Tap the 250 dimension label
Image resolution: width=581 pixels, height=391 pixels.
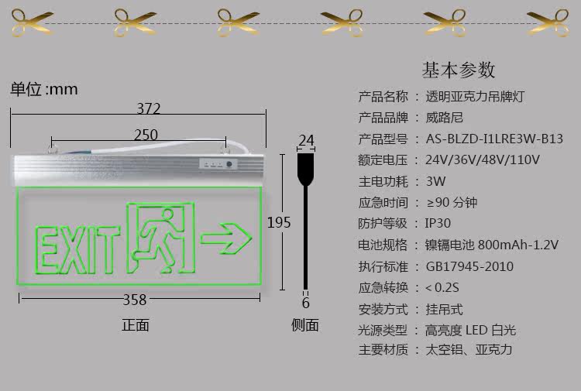pyautogui.click(x=146, y=135)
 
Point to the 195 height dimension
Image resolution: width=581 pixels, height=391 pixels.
pyautogui.click(x=279, y=222)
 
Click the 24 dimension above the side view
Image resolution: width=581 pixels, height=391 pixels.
pyautogui.click(x=306, y=140)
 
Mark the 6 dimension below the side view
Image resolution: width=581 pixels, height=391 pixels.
pyautogui.click(x=306, y=303)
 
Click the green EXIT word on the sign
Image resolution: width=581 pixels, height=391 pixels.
pyautogui.click(x=74, y=249)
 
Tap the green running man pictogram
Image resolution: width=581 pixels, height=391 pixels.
pyautogui.click(x=160, y=237)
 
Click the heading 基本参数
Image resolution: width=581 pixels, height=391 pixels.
pyautogui.click(x=458, y=70)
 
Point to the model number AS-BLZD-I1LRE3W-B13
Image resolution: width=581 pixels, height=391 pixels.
pyautogui.click(x=493, y=139)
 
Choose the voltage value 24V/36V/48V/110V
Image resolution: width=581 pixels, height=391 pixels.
pyautogui.click(x=482, y=160)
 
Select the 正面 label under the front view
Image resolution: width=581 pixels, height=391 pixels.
pyautogui.click(x=136, y=325)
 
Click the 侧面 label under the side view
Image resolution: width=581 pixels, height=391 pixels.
pyautogui.click(x=305, y=325)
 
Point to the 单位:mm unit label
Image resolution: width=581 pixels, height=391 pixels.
pyautogui.click(x=44, y=89)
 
